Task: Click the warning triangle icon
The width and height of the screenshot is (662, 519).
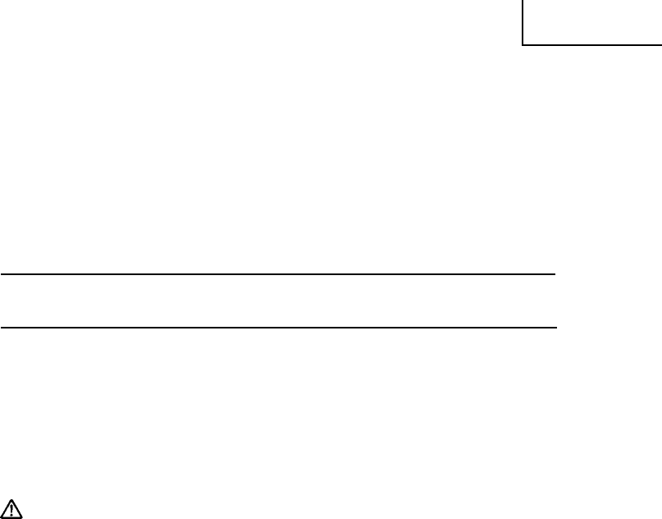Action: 14,509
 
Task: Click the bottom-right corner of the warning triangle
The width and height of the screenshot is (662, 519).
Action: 24,517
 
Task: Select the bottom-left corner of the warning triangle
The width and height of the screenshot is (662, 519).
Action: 4,517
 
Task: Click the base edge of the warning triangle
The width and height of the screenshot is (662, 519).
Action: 14,517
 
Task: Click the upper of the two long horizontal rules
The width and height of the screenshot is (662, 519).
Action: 278,274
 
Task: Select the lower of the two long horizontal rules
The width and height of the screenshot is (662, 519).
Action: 278,328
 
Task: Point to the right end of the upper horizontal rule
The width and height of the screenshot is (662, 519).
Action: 555,274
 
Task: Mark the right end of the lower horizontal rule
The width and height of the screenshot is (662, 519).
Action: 555,328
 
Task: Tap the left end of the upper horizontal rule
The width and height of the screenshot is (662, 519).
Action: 1,274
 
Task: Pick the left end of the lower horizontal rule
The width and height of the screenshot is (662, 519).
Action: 1,328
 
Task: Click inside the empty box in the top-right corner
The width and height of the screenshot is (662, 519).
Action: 591,21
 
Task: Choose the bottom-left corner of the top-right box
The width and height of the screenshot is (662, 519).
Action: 522,44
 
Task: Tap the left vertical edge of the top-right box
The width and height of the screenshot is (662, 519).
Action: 522,22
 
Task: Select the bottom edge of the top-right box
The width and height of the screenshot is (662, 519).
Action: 591,44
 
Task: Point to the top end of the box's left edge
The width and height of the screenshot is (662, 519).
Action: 522,1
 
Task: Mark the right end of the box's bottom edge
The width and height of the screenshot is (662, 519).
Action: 660,44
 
